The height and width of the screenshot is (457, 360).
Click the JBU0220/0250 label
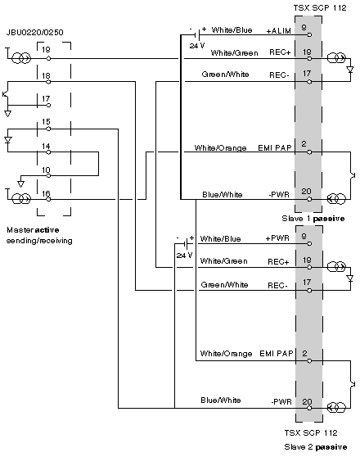pos(34,32)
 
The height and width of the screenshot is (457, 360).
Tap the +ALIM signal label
pos(279,30)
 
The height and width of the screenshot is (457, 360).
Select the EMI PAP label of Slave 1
pos(275,147)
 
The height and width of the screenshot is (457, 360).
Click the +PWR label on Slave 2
pos(277,238)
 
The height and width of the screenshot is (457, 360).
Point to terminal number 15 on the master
pos(46,121)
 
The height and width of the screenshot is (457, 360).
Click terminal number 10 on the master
pos(46,170)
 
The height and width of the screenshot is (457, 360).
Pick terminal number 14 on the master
pos(46,146)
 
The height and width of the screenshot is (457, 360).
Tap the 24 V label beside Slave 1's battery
pos(197,46)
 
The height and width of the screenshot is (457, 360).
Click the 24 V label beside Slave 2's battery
pos(184,256)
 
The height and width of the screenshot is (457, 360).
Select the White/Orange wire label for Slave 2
pos(226,354)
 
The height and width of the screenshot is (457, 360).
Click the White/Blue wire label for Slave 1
pos(232,29)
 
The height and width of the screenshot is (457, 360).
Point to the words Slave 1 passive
pos(313,219)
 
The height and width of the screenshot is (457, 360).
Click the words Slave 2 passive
pos(316,447)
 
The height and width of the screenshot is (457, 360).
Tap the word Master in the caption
pos(20,230)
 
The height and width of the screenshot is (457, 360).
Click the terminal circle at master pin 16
pos(48,199)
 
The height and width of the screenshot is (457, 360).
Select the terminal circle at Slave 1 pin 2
pos(309,152)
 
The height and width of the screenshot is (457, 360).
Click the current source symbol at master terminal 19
pos(21,59)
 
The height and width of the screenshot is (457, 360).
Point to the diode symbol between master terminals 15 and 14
pos(8,140)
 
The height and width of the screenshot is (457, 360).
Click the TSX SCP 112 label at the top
pos(320,8)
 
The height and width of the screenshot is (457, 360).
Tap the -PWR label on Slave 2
pos(281,402)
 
